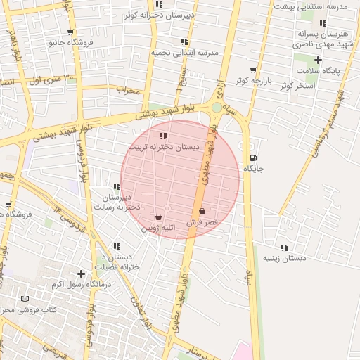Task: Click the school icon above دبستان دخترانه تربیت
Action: point(163,136)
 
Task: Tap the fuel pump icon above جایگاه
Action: point(253,157)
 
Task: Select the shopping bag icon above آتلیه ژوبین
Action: point(158,217)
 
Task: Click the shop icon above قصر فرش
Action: point(202,211)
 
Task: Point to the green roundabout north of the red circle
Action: point(216,107)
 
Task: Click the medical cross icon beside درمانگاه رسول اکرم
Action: point(82,274)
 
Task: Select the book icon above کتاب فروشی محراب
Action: point(25,299)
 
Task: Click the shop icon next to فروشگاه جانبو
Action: point(70,32)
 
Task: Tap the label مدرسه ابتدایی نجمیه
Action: point(185,53)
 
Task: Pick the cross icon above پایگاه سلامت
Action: point(318,60)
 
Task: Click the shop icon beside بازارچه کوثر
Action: point(253,70)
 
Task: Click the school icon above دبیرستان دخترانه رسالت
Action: point(117,186)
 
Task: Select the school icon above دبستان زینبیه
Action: point(284,247)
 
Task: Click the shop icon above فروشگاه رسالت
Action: point(8,205)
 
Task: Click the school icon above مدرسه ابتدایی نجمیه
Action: point(184,42)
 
